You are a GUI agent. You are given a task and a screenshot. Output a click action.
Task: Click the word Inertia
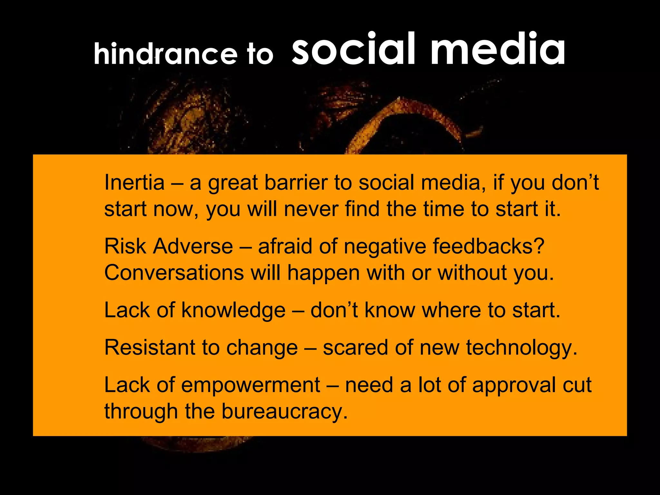134,183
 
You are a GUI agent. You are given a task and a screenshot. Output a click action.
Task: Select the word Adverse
193,247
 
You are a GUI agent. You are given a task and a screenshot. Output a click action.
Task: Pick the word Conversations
174,273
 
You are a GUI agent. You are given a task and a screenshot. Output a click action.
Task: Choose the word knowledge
233,310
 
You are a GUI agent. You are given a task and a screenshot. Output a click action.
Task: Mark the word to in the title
260,54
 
